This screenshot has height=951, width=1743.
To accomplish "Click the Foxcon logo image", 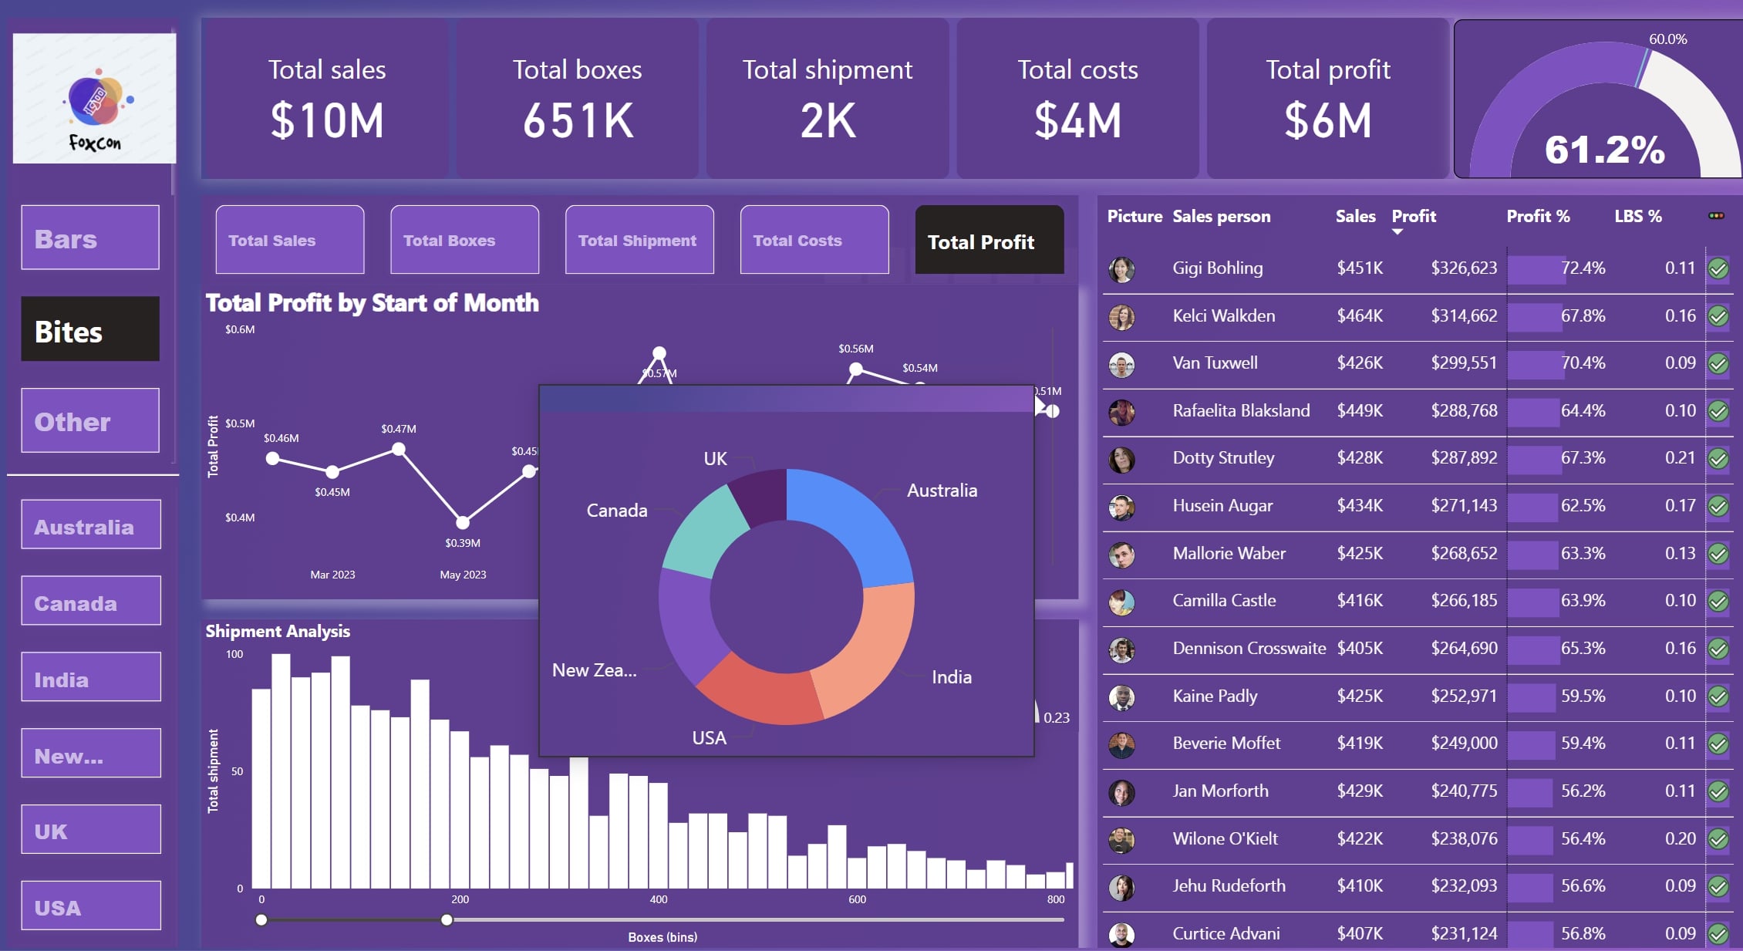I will click(94, 99).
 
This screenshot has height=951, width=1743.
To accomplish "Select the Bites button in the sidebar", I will click(90, 329).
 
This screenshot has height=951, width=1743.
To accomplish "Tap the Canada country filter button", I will click(91, 602).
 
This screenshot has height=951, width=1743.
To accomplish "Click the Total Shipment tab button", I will click(639, 240).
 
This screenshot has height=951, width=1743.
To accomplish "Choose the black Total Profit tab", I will click(989, 240).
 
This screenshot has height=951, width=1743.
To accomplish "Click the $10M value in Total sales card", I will click(327, 121).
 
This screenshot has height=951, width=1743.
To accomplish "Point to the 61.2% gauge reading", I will click(1604, 149).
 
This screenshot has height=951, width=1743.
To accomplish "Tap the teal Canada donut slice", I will click(703, 532).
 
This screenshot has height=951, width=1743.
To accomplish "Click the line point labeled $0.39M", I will click(463, 522).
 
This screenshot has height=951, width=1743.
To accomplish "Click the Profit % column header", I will click(1538, 216).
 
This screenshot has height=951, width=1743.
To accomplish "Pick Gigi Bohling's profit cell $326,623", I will click(1463, 268).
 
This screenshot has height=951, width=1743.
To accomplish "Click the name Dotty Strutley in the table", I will click(1223, 457).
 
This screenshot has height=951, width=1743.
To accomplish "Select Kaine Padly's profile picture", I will click(1121, 696).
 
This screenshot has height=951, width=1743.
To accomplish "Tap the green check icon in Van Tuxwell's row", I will click(1718, 363).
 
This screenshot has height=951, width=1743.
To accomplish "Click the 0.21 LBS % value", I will click(1679, 457).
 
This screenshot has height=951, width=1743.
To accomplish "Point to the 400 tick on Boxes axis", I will click(658, 899).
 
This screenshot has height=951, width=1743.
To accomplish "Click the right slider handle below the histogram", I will click(447, 919).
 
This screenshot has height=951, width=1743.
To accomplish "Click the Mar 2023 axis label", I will click(332, 575).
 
